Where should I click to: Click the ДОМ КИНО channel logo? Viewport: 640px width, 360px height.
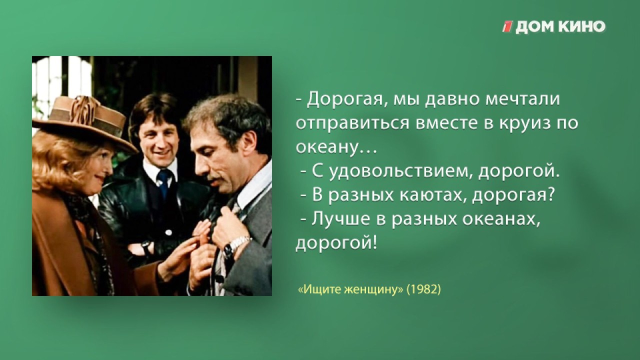553,27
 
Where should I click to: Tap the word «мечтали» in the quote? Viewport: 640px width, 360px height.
523,99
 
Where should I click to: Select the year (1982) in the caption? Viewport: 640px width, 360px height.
423,289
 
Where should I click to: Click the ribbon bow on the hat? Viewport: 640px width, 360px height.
84,110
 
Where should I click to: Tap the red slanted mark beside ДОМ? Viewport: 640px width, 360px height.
507,27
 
